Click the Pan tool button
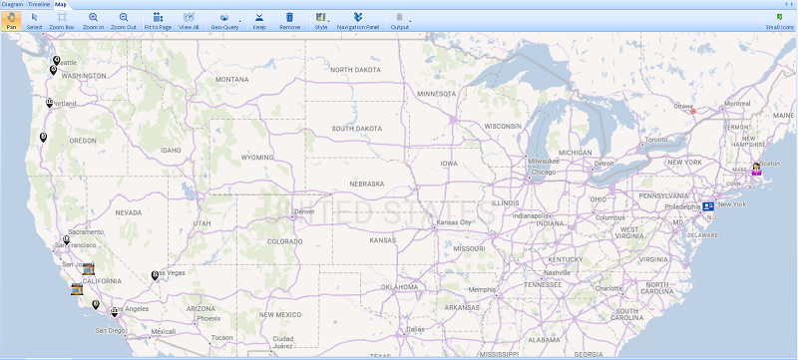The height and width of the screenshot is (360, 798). click(11, 20)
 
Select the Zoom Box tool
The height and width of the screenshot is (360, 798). click(62, 20)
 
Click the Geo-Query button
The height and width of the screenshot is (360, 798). click(224, 20)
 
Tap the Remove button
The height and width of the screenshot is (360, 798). click(289, 20)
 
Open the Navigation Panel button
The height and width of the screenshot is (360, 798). click(358, 20)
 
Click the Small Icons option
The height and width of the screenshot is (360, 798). click(779, 20)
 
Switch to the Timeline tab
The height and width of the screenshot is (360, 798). click(40, 4)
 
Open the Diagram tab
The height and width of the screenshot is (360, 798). click(12, 4)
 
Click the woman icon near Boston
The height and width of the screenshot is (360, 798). click(757, 168)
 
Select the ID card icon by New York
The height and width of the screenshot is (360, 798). click(708, 205)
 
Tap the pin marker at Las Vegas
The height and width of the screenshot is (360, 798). click(155, 275)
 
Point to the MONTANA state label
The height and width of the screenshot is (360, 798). click(231, 79)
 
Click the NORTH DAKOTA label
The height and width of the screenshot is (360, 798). click(356, 70)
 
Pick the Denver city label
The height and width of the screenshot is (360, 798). click(304, 211)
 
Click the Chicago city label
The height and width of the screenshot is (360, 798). click(543, 172)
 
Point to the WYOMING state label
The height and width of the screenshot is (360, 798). click(256, 157)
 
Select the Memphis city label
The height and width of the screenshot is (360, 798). click(484, 290)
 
